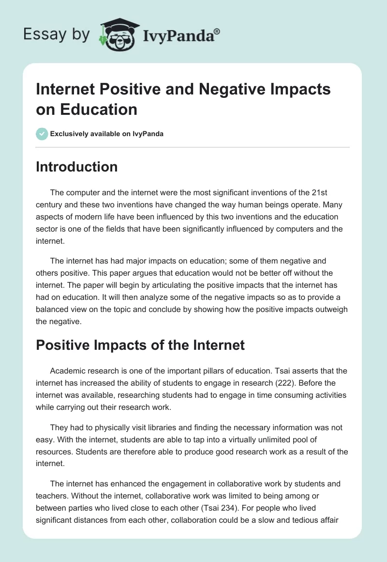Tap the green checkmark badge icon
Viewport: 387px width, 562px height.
click(42, 134)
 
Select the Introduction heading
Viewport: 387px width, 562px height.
click(77, 167)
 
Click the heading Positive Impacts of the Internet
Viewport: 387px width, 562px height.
click(140, 345)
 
